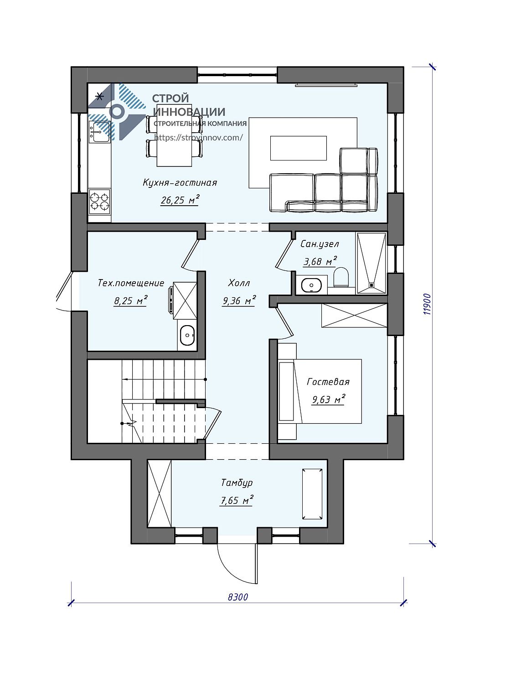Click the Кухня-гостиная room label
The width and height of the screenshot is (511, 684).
180,182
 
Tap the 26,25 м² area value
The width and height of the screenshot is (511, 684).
180,200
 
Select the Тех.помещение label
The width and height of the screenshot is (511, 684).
131,283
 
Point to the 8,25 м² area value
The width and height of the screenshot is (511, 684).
130,301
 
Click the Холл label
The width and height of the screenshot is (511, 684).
239,283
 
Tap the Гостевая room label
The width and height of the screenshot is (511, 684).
328,381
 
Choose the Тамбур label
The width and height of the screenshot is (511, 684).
237,483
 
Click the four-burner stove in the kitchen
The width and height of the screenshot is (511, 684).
100,201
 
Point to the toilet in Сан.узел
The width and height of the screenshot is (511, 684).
341,277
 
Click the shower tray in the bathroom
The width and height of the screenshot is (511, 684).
371,263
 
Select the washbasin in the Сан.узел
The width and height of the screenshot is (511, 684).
311,284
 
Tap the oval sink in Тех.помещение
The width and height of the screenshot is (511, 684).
187,335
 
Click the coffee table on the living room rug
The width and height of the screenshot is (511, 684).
298,148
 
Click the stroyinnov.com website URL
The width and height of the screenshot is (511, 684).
198,137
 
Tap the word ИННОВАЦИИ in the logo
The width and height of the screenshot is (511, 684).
189,112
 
